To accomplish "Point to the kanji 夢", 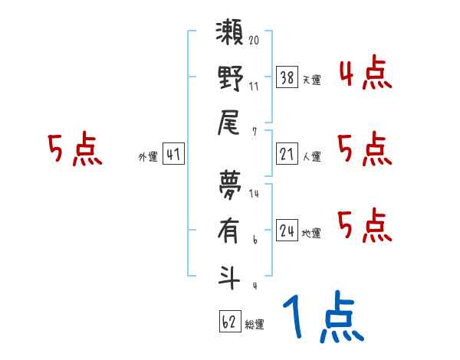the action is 230,185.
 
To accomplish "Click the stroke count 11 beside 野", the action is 254,86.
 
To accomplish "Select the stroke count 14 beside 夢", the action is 254,194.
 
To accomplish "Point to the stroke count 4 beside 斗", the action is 254,286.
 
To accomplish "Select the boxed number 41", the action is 172,154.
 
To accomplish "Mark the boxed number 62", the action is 229,322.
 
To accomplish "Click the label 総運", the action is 255,325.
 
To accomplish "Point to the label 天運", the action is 312,80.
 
